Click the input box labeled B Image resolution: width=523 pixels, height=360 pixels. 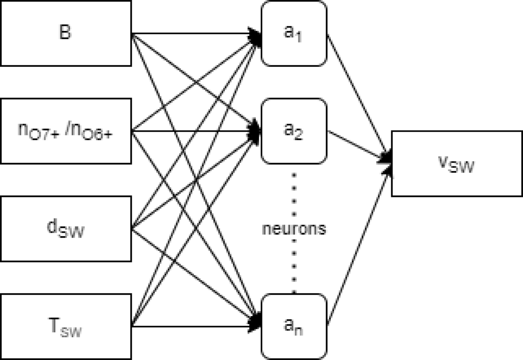(x=65, y=33)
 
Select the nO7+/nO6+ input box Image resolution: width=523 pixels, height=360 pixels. (x=65, y=130)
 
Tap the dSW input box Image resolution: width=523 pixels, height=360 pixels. (x=65, y=228)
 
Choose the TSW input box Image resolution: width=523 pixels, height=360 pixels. (x=65, y=326)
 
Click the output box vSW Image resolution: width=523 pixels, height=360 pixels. (x=457, y=163)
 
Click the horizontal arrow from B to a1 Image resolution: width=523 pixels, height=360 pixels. (x=192, y=33)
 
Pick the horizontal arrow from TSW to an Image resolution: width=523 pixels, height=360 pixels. (x=192, y=326)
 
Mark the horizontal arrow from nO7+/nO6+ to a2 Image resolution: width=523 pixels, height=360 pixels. (x=192, y=130)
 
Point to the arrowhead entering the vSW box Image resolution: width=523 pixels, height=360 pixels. (x=387, y=161)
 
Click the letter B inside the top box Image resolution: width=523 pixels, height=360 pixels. (x=65, y=33)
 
